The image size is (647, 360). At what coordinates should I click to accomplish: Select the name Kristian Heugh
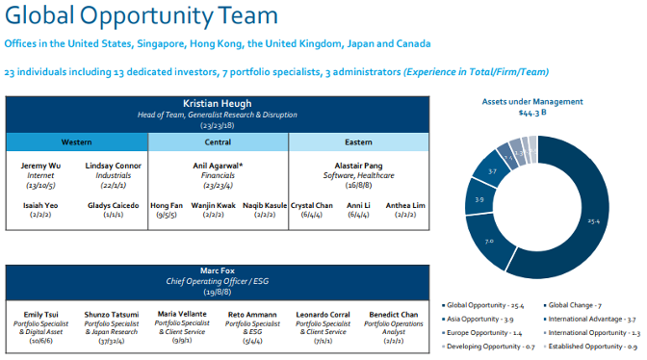pos(218,103)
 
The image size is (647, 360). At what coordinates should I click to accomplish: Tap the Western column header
pos(77,141)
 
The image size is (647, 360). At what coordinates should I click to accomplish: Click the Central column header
pos(219,141)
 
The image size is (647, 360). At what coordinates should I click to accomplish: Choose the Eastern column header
pos(358,141)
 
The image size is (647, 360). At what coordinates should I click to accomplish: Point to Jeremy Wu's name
pos(40,166)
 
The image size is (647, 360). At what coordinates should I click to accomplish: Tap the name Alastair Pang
pos(358,166)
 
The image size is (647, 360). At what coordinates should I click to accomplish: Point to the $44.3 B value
pos(532,113)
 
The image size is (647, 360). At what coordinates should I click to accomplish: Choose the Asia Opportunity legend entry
pos(477,318)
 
